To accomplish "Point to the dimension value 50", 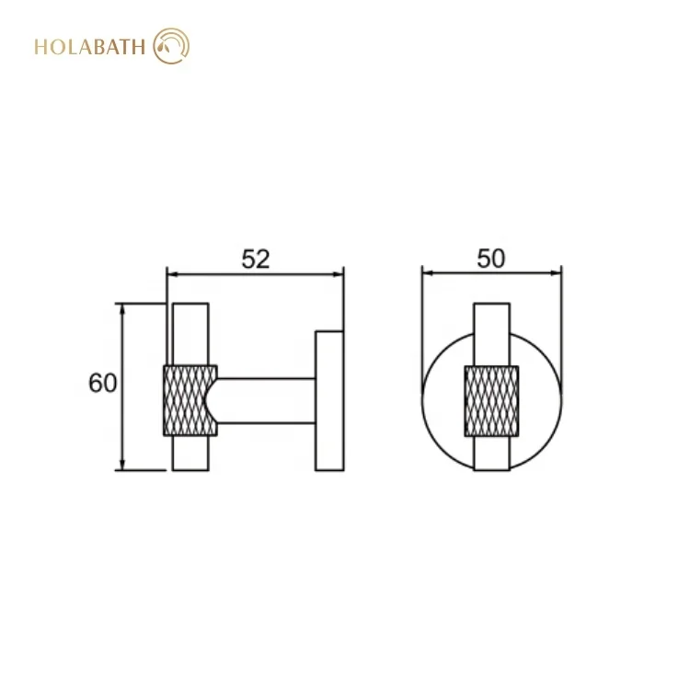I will pos(491,259).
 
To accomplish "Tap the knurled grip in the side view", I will pos(190,399).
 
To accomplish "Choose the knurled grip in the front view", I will pos(491,399).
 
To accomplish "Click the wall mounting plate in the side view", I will pos(328,400).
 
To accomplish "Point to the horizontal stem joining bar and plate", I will pos(267,400).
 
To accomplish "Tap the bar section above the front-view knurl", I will pos(491,333).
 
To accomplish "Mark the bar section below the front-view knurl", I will pos(491,453).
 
